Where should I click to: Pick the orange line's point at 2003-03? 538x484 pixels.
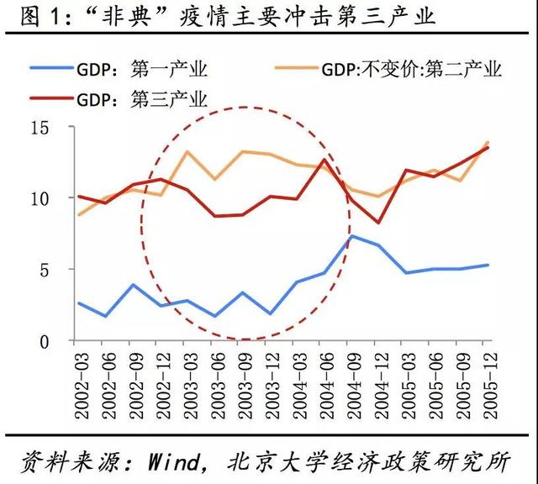[x=186, y=152]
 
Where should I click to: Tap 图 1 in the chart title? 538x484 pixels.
[x=30, y=17]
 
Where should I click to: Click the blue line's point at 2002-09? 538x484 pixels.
[x=131, y=285]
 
